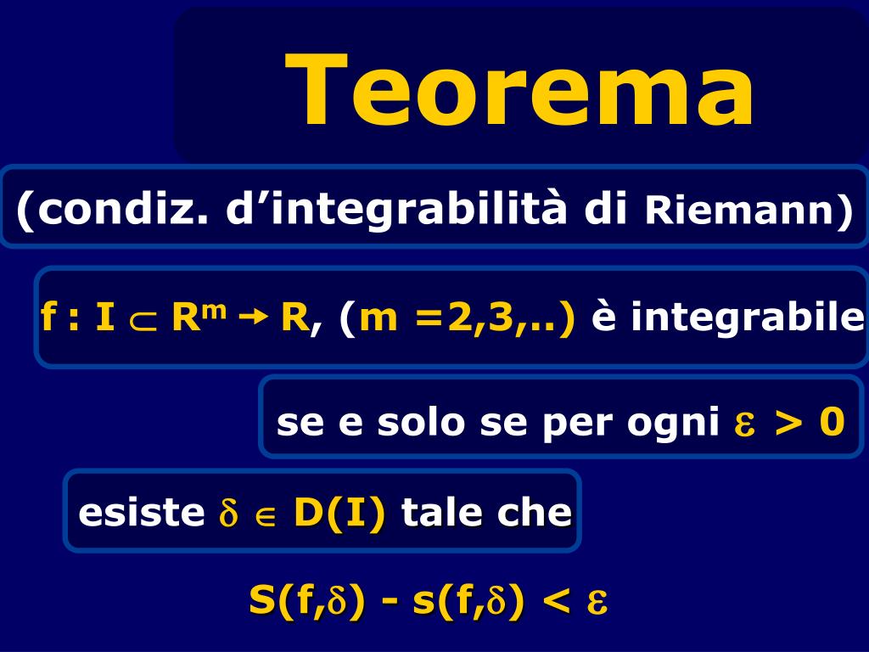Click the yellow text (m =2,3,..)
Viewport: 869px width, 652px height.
click(457, 318)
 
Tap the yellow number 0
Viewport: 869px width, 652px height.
click(831, 421)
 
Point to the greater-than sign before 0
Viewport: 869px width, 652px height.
click(788, 422)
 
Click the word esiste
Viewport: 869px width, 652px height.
click(141, 512)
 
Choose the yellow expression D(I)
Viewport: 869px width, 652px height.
click(339, 512)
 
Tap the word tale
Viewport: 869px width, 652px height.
click(446, 512)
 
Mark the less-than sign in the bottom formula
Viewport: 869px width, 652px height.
click(556, 602)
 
